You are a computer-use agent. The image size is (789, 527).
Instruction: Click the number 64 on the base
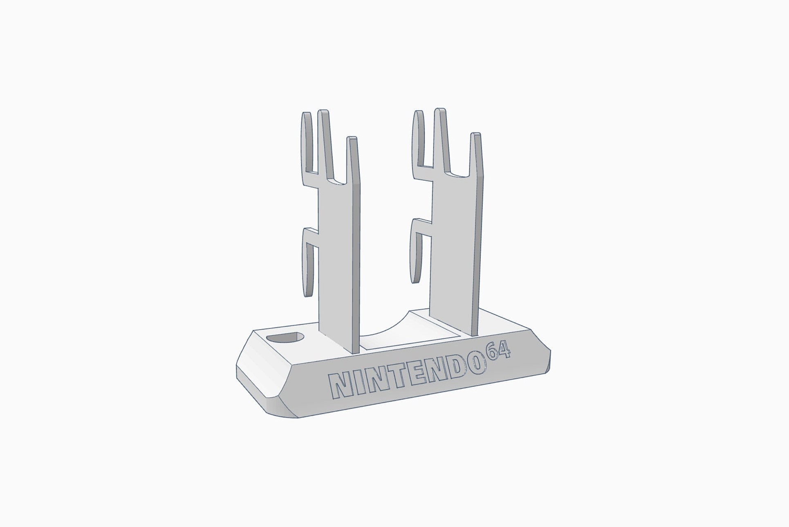[x=498, y=351]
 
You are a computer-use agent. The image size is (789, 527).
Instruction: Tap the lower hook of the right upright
[x=415, y=253]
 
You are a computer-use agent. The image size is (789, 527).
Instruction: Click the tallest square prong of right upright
[x=441, y=135]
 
